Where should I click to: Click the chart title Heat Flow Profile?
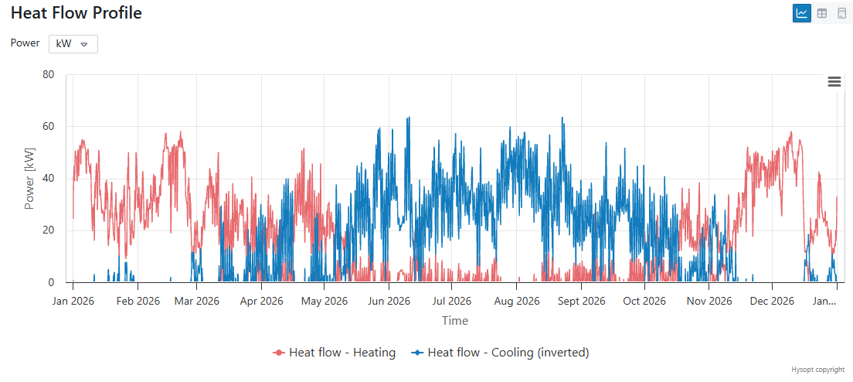coord(76,13)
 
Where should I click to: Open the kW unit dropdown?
coord(73,44)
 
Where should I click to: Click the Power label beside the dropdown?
coord(25,43)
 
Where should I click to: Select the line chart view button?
coord(802,13)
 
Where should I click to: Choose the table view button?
coord(822,13)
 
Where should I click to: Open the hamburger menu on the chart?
coord(834,82)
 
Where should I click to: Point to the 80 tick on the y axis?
coord(48,75)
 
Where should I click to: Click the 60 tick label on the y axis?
coord(48,127)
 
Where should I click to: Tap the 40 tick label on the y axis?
coord(48,179)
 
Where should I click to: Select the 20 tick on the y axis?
coord(48,230)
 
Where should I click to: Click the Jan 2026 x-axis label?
coord(73,301)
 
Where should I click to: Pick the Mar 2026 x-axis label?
coord(198,301)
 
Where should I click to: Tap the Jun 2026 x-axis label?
coord(389,301)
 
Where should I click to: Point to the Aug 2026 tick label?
coord(517,301)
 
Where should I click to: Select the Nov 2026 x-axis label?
coord(709,301)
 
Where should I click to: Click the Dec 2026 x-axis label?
coord(772,301)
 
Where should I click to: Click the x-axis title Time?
coord(455,321)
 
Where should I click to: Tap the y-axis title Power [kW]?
coord(30,179)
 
